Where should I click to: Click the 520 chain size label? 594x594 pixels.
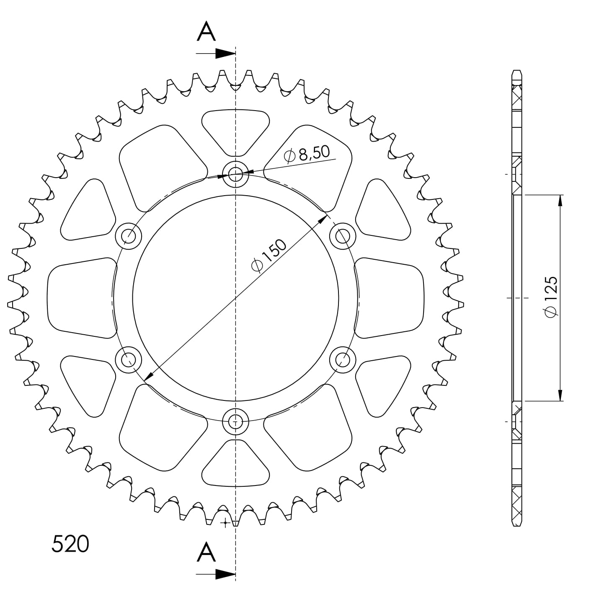(x=70, y=544)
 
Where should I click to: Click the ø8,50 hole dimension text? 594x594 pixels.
(x=307, y=154)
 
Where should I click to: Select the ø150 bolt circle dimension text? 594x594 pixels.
(x=269, y=256)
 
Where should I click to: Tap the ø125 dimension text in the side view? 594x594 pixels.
(x=551, y=297)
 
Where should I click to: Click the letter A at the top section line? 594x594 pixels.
(x=206, y=32)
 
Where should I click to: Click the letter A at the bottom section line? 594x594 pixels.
(x=206, y=552)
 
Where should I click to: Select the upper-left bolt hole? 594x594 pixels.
(x=129, y=236)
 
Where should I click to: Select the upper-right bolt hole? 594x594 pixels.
(x=343, y=236)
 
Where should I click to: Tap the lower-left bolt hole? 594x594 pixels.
(x=129, y=359)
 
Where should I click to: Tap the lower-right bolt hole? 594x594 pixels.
(x=343, y=359)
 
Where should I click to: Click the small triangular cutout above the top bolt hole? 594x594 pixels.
(x=235, y=128)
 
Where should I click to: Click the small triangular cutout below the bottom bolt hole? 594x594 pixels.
(x=235, y=466)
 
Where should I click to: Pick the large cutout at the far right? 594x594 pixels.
(x=390, y=297)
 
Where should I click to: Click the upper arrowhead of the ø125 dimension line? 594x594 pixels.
(x=560, y=201)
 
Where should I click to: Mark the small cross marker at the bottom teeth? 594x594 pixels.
(x=226, y=523)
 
